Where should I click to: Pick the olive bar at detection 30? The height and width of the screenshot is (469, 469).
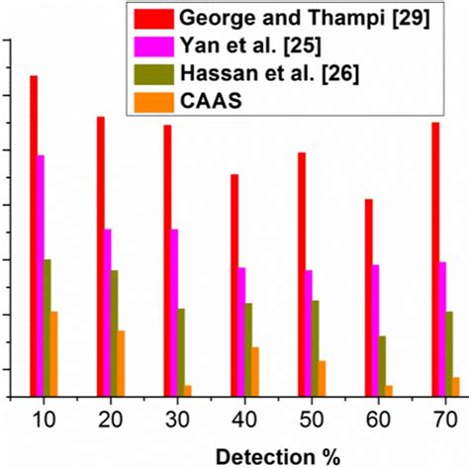point(181,351)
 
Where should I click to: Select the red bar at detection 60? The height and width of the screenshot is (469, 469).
point(369,297)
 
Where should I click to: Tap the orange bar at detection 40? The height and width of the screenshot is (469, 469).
point(255,371)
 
